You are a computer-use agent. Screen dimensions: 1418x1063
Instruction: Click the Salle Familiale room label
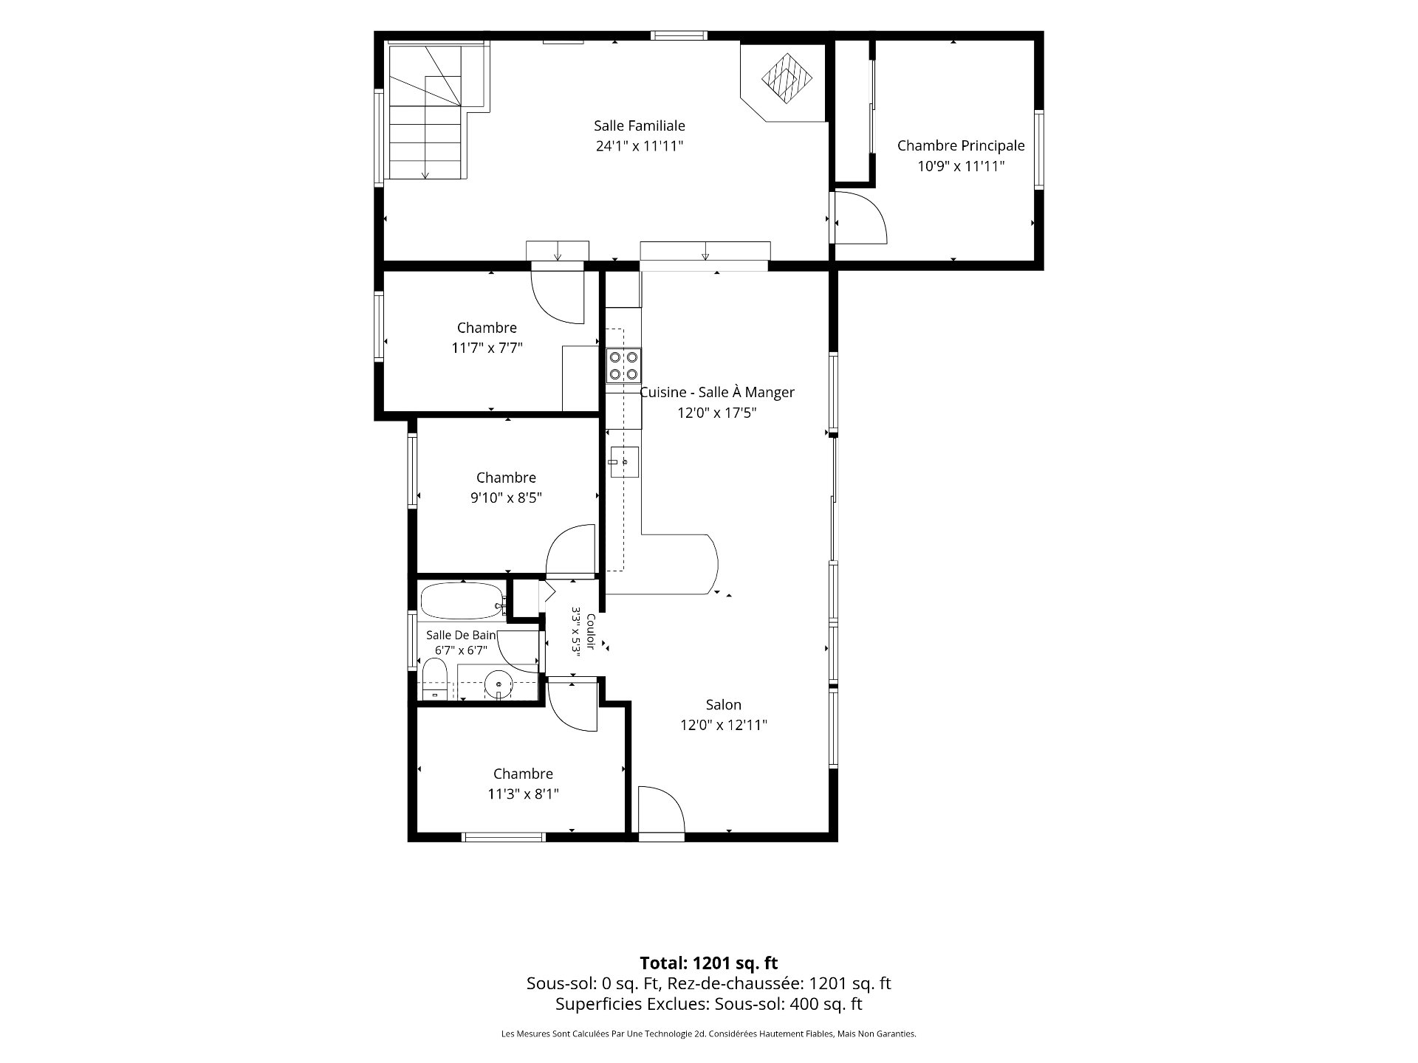640,126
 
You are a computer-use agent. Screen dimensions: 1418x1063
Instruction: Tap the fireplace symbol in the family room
787,78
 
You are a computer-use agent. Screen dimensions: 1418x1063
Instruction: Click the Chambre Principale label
961,146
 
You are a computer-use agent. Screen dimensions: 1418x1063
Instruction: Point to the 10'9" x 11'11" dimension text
961,167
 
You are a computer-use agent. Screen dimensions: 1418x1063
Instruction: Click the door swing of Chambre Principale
860,217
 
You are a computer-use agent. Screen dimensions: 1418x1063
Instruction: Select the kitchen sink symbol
624,461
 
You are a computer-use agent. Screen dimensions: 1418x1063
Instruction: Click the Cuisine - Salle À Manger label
717,393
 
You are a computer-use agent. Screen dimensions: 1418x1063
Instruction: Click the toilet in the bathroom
435,679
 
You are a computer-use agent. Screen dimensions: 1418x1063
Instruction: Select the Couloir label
591,632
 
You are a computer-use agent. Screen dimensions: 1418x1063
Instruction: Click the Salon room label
724,705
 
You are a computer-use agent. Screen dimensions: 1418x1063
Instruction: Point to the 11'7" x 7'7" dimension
487,348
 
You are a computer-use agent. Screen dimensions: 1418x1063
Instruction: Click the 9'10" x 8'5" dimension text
507,498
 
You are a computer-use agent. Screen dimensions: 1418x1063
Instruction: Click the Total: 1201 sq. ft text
709,963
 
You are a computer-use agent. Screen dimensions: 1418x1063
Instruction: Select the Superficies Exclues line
709,1004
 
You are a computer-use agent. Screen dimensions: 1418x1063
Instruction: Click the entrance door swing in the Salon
662,811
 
